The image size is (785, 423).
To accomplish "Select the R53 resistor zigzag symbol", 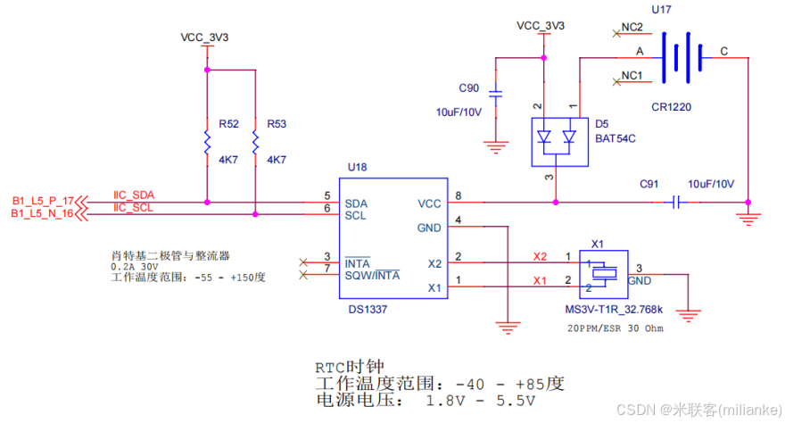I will point(255,141).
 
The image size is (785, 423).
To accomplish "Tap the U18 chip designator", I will point(358,167).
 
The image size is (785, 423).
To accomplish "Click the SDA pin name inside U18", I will point(356,203).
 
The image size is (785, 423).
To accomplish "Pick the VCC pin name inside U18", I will point(429,203).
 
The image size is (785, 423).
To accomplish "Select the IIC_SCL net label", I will point(133,208).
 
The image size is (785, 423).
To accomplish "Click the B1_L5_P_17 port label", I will point(42,201).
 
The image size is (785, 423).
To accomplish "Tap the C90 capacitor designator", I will point(469,88).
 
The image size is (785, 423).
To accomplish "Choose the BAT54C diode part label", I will point(616,137).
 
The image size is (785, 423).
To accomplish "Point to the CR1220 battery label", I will point(672,106).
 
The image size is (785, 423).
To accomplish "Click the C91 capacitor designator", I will point(649,184).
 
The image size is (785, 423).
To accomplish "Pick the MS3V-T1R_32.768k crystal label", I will point(616,310).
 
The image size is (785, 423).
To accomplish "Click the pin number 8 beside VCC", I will point(459,195).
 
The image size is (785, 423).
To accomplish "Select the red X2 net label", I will point(540,257).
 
